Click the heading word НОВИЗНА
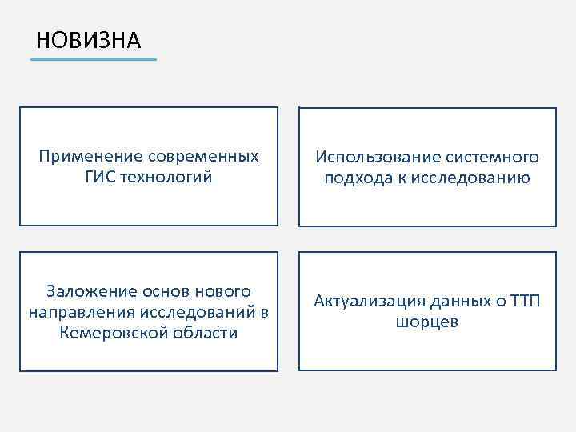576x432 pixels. click(x=88, y=39)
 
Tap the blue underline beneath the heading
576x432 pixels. click(x=94, y=59)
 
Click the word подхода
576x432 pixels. click(x=357, y=178)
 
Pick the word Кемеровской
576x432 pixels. click(x=114, y=333)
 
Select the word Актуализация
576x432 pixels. click(x=369, y=301)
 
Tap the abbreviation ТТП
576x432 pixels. click(x=524, y=301)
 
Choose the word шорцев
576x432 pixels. click(x=427, y=322)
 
